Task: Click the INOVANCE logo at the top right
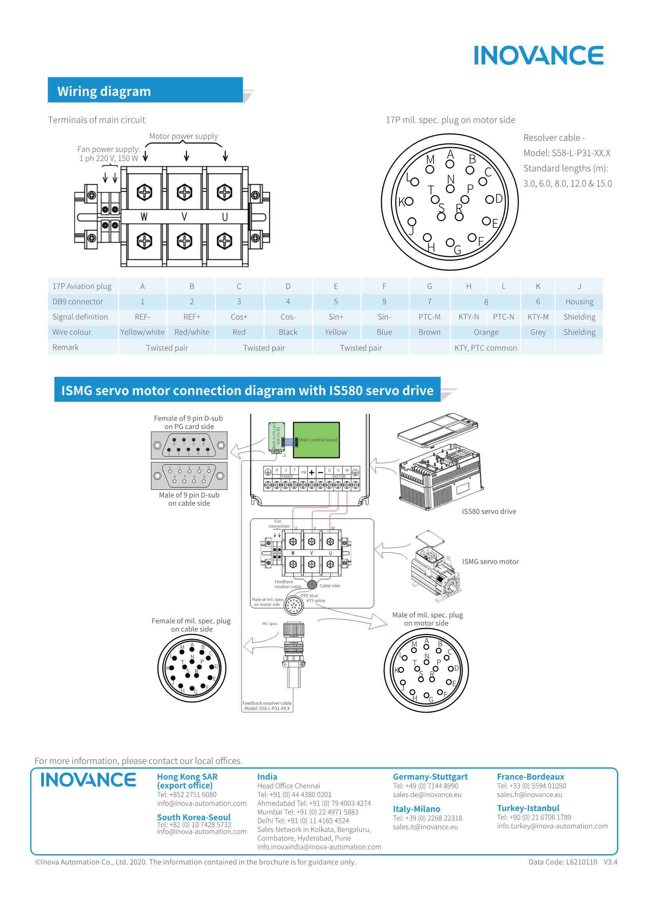(x=538, y=56)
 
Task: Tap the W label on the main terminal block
(x=144, y=217)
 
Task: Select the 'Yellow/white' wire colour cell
(x=142, y=332)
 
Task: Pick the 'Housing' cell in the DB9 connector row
(x=579, y=302)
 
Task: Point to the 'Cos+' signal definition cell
(x=239, y=317)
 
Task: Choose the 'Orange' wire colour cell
(x=485, y=332)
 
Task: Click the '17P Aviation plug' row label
(x=82, y=286)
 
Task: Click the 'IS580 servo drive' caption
(x=489, y=511)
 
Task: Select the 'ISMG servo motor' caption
(x=490, y=562)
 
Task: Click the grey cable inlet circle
(x=312, y=585)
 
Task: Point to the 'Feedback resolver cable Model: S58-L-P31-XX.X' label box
(x=267, y=706)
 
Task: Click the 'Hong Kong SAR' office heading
(x=187, y=777)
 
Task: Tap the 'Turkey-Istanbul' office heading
(x=528, y=808)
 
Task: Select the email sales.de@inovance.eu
(x=427, y=795)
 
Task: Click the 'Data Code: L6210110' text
(x=563, y=862)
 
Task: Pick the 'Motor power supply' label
(x=183, y=136)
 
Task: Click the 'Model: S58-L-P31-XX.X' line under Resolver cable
(x=566, y=153)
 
